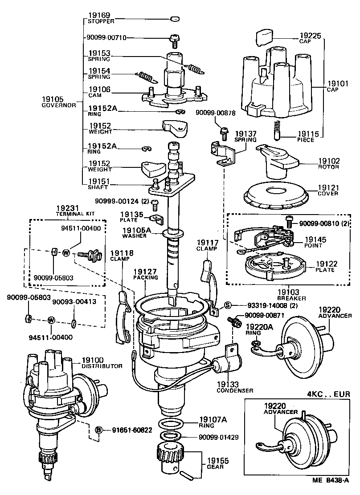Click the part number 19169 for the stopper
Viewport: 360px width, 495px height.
pos(99,15)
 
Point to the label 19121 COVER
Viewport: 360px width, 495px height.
pos(328,190)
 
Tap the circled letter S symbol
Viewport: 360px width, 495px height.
pos(227,305)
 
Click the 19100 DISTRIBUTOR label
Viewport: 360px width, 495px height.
pos(102,362)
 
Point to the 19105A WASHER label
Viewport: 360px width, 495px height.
pos(137,232)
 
